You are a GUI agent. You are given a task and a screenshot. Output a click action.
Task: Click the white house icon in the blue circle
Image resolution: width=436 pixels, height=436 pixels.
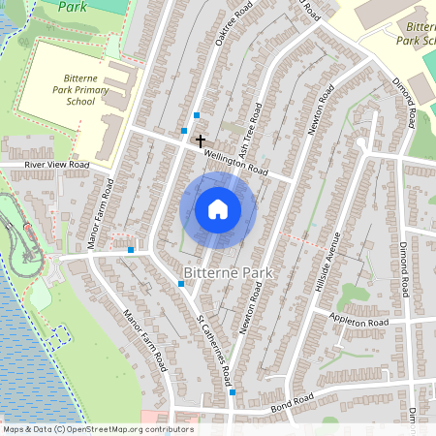[x=218, y=209]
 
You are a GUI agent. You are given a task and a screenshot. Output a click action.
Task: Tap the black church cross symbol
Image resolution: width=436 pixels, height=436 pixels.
[x=201, y=141]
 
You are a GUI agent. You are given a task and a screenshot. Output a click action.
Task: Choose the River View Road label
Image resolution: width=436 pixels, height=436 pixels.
[x=45, y=166]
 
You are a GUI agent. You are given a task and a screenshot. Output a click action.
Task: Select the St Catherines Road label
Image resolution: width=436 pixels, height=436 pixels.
[x=213, y=345]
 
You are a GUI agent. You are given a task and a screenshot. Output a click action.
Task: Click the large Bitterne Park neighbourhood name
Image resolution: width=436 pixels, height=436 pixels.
[x=229, y=274]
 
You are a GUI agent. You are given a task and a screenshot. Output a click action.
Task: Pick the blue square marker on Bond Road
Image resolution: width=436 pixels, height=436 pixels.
[x=233, y=392]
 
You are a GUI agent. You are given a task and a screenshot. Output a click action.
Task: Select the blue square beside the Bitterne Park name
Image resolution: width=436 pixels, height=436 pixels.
[x=181, y=284]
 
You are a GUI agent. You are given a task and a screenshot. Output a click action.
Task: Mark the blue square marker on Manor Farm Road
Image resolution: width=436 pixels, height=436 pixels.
[x=131, y=250]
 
